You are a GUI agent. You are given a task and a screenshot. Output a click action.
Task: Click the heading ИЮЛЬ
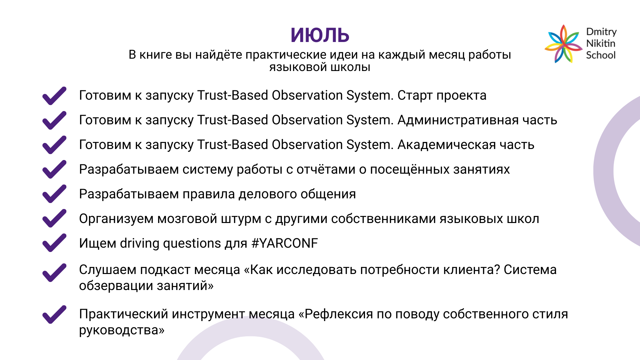[320, 35]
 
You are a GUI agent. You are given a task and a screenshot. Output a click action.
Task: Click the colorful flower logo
[563, 44]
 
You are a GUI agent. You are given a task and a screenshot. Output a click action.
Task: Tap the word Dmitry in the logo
[601, 32]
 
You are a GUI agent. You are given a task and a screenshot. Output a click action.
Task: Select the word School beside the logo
[601, 55]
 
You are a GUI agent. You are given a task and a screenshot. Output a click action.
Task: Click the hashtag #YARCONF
[285, 243]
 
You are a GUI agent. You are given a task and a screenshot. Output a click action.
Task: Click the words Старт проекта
[442, 96]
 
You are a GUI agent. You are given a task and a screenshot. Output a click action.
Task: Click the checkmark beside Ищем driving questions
[54, 243]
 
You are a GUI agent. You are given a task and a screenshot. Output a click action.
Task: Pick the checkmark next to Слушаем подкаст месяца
[54, 273]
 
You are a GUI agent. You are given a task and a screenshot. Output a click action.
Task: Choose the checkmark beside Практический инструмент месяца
[54, 314]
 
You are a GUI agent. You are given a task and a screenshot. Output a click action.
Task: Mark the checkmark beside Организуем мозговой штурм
[54, 218]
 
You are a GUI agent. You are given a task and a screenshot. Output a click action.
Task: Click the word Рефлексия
[338, 314]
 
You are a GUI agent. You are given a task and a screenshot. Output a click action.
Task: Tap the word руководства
[119, 331]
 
